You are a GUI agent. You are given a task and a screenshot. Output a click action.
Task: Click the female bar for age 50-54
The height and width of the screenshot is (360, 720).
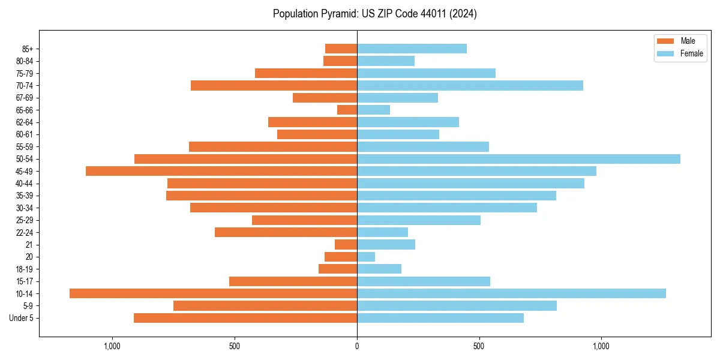pyautogui.click(x=518, y=159)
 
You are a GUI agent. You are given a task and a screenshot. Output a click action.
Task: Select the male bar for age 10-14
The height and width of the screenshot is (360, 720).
pyautogui.click(x=213, y=293)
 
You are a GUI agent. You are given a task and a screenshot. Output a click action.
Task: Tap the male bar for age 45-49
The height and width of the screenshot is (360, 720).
pyautogui.click(x=221, y=171)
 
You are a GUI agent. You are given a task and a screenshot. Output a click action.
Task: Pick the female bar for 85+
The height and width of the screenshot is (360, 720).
pyautogui.click(x=412, y=49)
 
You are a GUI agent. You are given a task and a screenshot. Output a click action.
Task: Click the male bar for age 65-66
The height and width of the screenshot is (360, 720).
pyautogui.click(x=347, y=110)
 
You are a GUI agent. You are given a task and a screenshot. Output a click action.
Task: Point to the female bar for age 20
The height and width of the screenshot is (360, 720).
pyautogui.click(x=366, y=257)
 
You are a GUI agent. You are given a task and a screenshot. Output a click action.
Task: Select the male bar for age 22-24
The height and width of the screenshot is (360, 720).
pyautogui.click(x=286, y=232)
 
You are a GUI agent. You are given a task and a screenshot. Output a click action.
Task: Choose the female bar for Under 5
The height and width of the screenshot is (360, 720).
pyautogui.click(x=440, y=318)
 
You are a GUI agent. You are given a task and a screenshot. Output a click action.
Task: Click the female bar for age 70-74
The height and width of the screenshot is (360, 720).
pyautogui.click(x=470, y=85)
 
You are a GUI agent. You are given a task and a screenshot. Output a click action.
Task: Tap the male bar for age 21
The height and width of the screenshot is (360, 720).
pyautogui.click(x=346, y=244)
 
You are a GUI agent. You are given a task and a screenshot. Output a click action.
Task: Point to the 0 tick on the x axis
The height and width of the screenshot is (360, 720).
pyautogui.click(x=357, y=346)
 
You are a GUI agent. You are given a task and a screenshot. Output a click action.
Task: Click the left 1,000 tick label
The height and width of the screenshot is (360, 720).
pyautogui.click(x=112, y=346)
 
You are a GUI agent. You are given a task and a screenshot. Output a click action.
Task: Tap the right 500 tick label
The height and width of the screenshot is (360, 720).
pyautogui.click(x=479, y=346)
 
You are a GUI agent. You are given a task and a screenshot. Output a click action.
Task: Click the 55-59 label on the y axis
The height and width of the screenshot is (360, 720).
pyautogui.click(x=25, y=147)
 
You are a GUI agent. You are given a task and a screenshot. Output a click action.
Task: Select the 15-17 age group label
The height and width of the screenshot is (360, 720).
pyautogui.click(x=25, y=281)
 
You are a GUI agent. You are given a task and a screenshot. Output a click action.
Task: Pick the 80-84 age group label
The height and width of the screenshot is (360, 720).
pyautogui.click(x=25, y=61)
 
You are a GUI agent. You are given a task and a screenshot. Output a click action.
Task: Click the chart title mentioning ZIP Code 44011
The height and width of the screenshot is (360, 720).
pyautogui.click(x=374, y=14)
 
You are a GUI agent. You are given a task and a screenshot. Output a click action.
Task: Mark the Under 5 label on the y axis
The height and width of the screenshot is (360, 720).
pyautogui.click(x=21, y=318)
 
